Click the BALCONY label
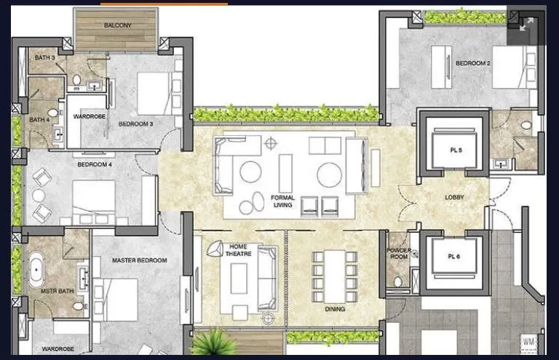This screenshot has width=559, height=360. click(x=117, y=25)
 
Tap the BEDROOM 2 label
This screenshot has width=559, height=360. click(x=473, y=63)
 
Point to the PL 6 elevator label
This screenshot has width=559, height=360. click(x=456, y=260)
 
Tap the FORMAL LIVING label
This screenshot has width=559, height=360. click(x=282, y=201)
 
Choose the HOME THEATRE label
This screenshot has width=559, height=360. click(x=238, y=250)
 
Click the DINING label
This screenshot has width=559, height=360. click(x=336, y=309)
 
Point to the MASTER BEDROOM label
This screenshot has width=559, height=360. click(x=140, y=260)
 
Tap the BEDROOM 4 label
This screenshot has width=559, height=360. click(x=95, y=164)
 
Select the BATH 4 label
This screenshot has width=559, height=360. click(x=39, y=120)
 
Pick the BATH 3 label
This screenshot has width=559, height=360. click(x=39, y=57)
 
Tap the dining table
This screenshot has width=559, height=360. click(x=335, y=276)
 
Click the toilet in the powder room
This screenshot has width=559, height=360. click(x=396, y=280)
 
